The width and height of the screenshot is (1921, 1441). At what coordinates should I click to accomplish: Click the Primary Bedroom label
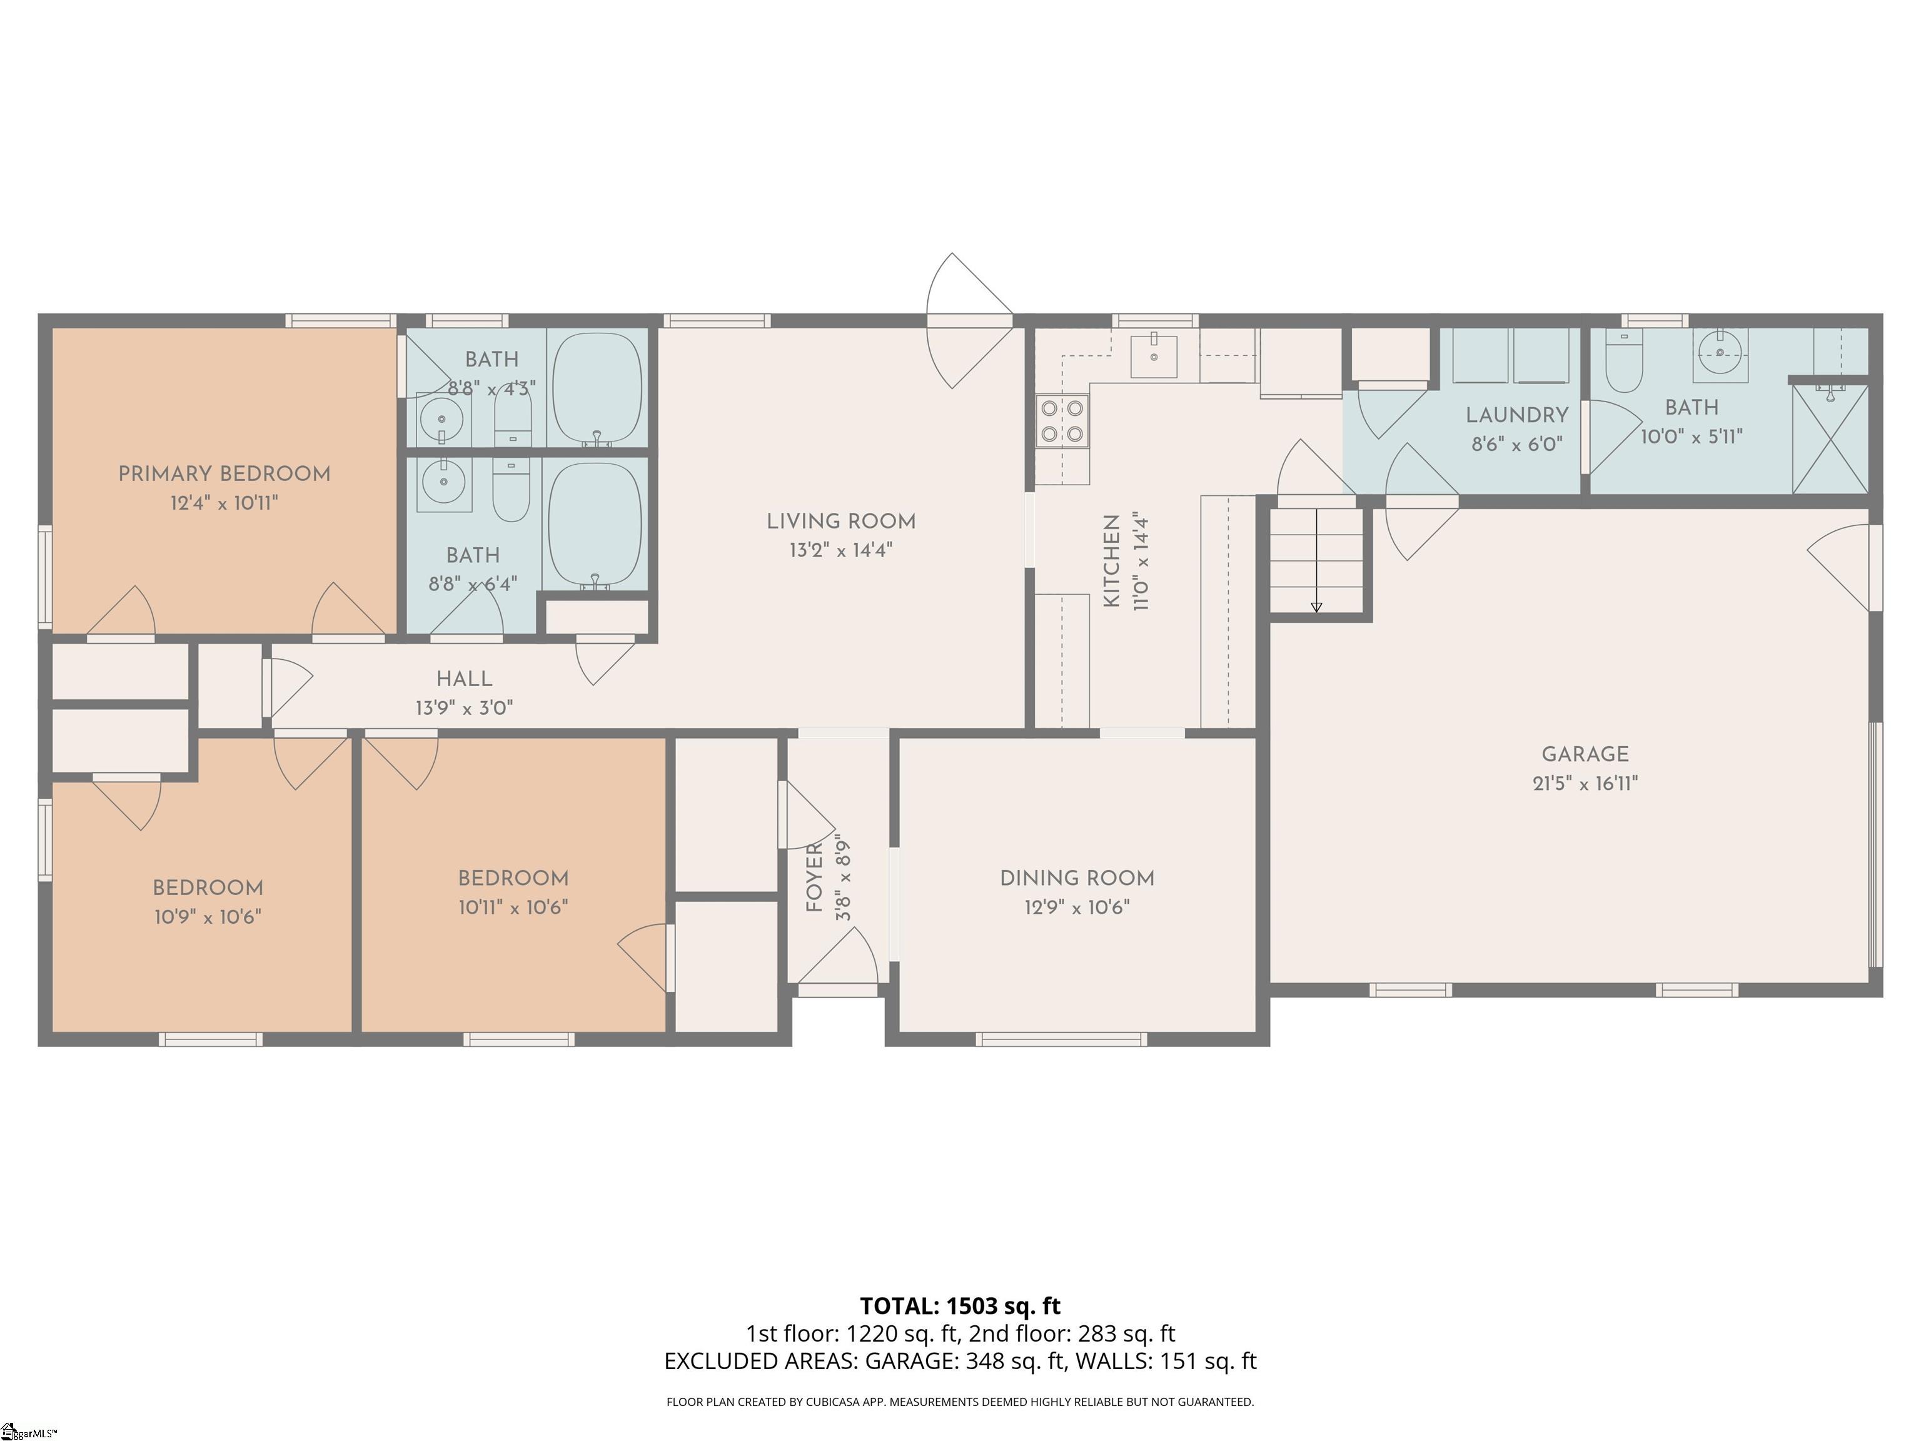[x=224, y=474]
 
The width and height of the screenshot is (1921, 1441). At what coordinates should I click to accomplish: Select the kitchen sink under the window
[x=1153, y=356]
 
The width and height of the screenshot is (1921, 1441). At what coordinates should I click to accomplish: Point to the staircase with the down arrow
[x=1316, y=560]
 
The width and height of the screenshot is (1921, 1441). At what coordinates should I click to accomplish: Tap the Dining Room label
[x=1077, y=878]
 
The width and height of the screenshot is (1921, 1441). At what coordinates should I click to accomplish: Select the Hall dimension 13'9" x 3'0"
[x=464, y=708]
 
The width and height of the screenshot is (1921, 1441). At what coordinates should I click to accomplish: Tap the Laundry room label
[x=1516, y=415]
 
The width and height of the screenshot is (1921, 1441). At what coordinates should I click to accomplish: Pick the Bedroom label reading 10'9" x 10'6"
[x=208, y=887]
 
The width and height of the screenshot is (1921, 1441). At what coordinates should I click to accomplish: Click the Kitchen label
[x=1112, y=561]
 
